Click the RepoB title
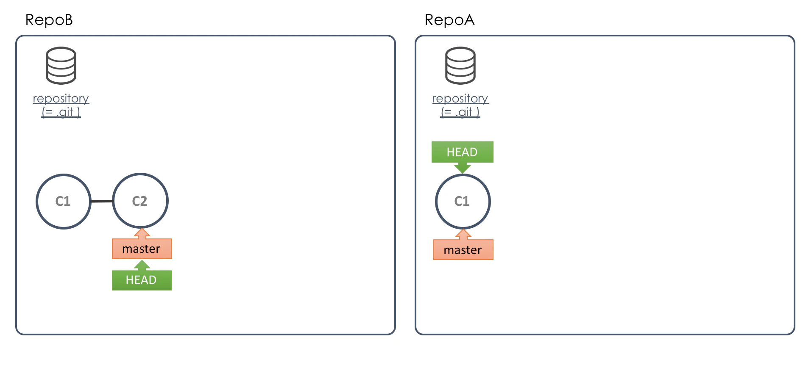pos(49,20)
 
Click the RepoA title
pos(449,20)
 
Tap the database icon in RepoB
pos(61,66)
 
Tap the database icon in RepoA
pos(460,66)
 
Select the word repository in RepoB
pos(61,99)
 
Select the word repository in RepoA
pos(460,99)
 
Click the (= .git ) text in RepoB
pos(61,112)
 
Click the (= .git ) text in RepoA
pos(460,112)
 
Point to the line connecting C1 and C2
pos(102,201)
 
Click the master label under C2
pos(142,249)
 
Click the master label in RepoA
pos(463,250)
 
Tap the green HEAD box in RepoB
pos(142,280)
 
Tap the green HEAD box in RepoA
pos(463,152)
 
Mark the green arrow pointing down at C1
pos(463,168)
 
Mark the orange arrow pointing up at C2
pos(142,234)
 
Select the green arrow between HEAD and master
pos(142,265)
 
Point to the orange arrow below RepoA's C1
pos(463,235)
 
